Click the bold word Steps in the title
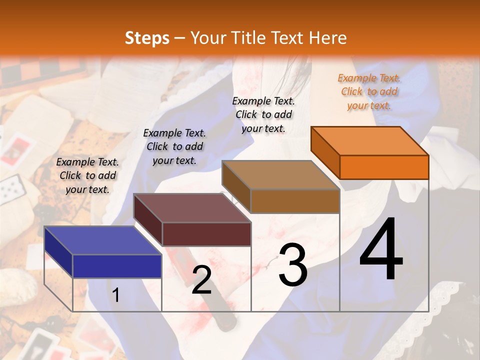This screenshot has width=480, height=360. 147,38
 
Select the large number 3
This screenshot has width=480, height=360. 292,265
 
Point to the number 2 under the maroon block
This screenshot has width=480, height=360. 201,280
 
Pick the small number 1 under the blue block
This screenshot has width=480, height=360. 115,295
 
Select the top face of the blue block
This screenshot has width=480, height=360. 102,240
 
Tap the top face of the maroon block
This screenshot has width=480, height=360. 192,208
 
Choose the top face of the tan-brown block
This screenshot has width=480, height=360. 280,175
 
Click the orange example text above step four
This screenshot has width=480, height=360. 369,91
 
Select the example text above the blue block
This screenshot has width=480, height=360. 87,175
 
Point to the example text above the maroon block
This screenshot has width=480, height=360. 174,146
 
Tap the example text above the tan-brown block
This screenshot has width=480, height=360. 263,114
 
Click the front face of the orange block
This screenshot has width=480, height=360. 384,167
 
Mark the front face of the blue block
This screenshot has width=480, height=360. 117,266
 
